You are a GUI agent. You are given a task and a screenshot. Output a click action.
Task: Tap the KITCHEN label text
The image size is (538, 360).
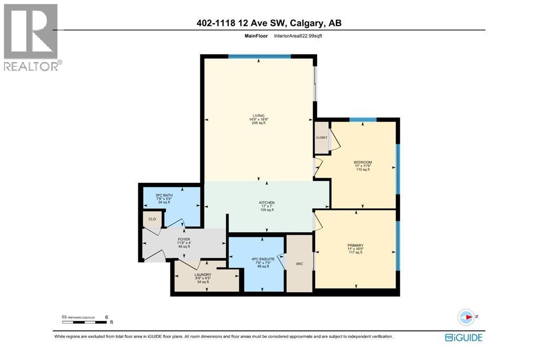coord(267,203)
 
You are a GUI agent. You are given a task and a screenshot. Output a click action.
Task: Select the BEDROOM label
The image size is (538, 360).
coord(362,162)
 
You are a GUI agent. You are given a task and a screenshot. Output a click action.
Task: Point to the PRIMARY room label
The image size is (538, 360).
coord(356,245)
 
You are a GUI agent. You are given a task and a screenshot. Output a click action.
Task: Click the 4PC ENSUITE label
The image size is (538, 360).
coord(259,259)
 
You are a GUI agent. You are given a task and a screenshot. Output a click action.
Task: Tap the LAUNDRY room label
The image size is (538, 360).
coord(202,275)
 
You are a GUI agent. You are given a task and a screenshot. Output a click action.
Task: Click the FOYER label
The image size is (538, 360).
coord(184,239)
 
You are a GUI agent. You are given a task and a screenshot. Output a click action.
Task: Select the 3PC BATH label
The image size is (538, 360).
coord(164,196)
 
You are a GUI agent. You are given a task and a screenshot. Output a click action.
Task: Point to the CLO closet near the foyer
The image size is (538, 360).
coord(152,219)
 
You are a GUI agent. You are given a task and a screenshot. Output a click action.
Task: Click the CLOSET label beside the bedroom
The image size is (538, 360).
coord(321,138)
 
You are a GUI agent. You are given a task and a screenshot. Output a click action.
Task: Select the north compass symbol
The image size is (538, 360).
coord(466,317)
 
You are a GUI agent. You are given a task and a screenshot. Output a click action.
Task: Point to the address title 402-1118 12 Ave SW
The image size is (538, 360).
coord(269,23)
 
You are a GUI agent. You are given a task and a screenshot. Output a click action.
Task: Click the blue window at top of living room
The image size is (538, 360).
coord(259,56)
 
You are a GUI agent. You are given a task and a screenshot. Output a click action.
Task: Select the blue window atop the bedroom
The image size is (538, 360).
coord(363,120)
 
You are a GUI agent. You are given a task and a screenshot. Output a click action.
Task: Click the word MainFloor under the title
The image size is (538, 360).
coord(256,36)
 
